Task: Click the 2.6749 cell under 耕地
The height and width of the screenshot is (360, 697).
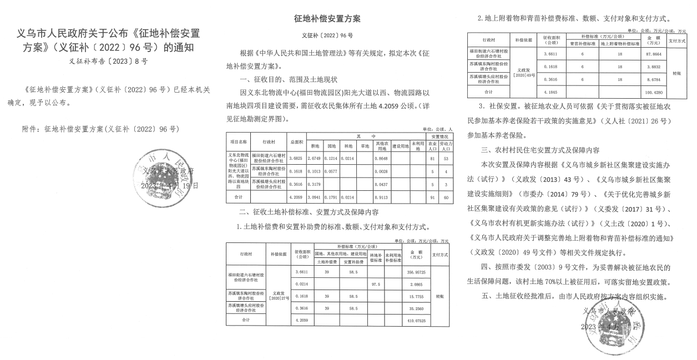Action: (315, 159)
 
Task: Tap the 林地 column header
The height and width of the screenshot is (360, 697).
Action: (347, 146)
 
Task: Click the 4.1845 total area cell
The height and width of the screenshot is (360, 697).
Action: (550, 93)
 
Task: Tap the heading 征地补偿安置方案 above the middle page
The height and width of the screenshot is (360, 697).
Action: (327, 19)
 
